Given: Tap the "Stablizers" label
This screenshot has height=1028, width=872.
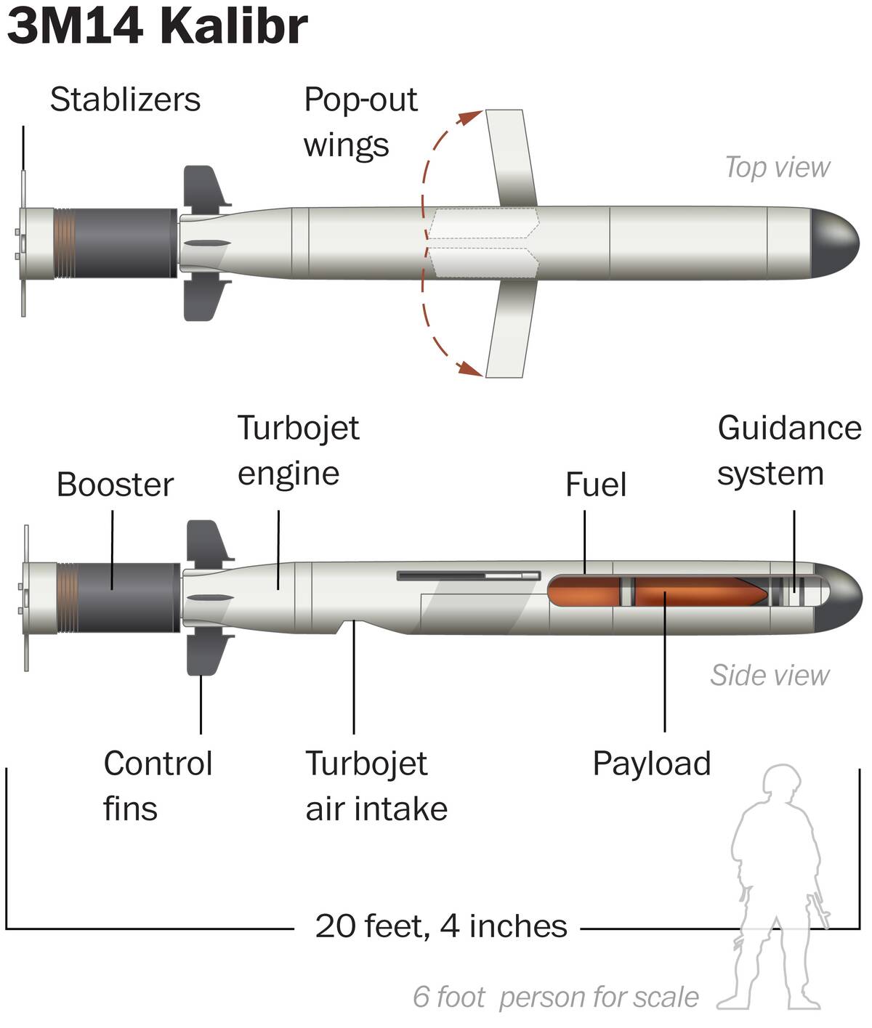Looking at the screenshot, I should coord(125,100).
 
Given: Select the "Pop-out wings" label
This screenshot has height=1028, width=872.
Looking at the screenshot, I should coord(360,122).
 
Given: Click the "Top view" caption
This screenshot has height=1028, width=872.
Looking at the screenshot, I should coord(777,167).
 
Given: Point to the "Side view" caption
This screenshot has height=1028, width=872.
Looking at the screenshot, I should coord(769,675).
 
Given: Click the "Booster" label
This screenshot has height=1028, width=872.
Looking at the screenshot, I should coord(115,485).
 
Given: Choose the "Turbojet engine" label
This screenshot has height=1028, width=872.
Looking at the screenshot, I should coord(298,450).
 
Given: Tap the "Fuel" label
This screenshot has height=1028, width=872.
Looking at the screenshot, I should coord(595,485).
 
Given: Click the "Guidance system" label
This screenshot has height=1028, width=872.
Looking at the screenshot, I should coord(788,450).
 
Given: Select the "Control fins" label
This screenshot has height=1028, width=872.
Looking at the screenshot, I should coord(158,785).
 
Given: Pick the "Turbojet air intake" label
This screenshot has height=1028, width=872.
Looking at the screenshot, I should coord(376,785).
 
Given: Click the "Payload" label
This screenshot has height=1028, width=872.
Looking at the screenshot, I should coord(651,764).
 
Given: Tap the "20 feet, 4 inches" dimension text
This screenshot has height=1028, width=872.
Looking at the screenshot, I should coord(440,926).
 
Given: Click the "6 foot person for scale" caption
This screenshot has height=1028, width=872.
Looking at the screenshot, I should coord(555,997).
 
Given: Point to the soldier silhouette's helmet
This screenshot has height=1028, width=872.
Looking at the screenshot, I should coord(781,780).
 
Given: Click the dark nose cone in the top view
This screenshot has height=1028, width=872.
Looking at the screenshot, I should coord(834,243).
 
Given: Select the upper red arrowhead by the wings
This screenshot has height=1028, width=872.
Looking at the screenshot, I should coord(473,116).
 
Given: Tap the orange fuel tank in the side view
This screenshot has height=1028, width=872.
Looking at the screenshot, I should coord(582,590).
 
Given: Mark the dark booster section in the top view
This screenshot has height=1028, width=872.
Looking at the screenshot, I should coord(125,243).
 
